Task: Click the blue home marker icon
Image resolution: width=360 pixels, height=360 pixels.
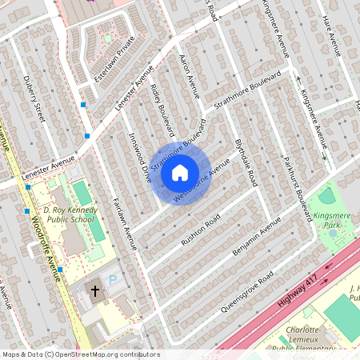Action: [180, 173]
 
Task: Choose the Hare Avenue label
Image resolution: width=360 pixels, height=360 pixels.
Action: [331, 36]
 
